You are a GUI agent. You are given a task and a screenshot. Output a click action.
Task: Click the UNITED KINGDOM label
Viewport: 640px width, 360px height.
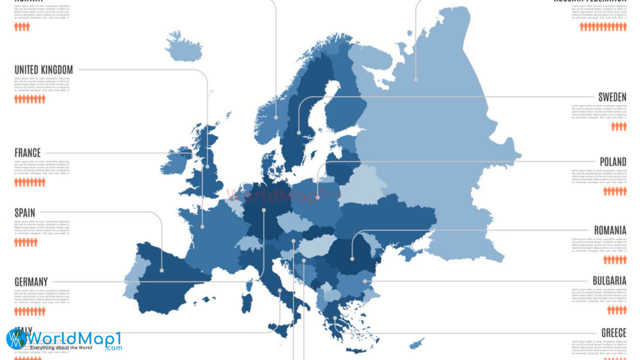tap(44, 70)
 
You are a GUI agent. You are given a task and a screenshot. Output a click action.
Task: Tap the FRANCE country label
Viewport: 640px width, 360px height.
tap(28, 153)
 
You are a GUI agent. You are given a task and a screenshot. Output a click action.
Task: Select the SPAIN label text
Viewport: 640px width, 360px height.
tap(25, 213)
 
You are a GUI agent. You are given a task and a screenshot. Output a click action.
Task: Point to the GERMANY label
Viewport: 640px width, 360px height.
tap(31, 282)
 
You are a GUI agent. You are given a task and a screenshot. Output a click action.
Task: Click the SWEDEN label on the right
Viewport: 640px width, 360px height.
tap(612, 97)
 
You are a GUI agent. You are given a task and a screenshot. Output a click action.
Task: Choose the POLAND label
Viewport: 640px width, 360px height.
tap(613, 162)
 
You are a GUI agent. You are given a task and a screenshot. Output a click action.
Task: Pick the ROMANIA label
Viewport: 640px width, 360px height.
tap(610, 230)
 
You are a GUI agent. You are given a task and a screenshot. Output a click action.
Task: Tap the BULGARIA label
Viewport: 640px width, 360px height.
tap(609, 281)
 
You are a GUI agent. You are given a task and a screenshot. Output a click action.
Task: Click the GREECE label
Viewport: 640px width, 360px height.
tap(614, 333)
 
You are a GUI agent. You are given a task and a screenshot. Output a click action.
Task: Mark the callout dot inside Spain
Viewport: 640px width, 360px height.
tap(162, 271)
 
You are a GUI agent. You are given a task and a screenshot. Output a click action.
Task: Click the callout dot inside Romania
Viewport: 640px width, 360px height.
tap(352, 259)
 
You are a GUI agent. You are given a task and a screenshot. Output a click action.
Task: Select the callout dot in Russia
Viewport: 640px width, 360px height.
tap(416, 80)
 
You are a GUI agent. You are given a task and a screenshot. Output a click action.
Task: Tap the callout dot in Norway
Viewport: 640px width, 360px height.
tap(276, 118)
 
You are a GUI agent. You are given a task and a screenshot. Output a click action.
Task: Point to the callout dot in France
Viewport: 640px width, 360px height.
tap(202, 227)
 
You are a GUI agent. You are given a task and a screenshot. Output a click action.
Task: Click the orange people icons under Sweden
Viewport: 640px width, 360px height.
tap(619, 126)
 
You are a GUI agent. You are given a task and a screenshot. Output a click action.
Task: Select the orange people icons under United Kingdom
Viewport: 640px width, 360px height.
tap(30, 99)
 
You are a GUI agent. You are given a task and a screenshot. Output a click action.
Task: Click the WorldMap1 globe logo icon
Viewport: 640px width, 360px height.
tap(16, 339)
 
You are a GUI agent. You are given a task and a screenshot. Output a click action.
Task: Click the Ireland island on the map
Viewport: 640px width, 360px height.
tap(174, 162)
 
